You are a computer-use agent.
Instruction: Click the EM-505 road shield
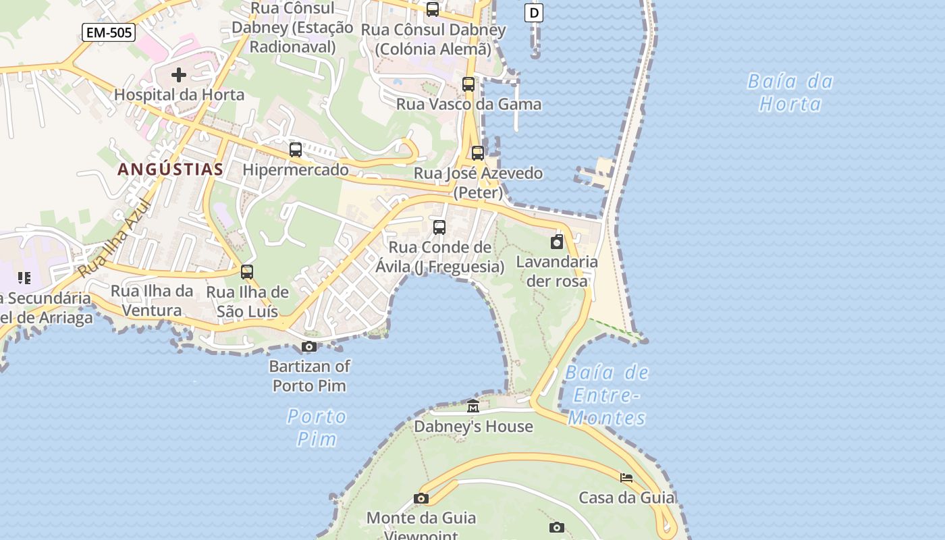tap(109, 32)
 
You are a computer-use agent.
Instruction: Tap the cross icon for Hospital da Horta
tap(179, 74)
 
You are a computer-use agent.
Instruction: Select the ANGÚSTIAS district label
tap(170, 169)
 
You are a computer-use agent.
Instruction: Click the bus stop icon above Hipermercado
tap(296, 150)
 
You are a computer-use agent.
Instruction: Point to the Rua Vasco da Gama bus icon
tap(468, 84)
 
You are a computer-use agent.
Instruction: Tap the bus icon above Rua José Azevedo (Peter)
tap(478, 153)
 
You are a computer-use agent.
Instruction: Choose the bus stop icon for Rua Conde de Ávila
tap(439, 227)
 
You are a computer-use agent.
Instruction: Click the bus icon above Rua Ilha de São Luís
tap(247, 272)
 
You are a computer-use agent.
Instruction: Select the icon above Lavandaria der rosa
tap(557, 242)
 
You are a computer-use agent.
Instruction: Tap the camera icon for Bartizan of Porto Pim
tap(309, 347)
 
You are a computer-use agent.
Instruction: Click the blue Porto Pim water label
tap(317, 427)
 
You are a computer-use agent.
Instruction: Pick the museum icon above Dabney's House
tap(473, 406)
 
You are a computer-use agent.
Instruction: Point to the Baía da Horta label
tap(790, 92)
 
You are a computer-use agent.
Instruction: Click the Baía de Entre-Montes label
tap(606, 395)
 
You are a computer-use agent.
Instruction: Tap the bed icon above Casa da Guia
tap(626, 478)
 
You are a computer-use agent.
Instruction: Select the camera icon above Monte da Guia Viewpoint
tap(421, 499)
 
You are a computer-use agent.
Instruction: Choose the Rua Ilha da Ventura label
tap(152, 300)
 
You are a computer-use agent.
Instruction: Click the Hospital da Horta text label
tap(179, 94)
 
